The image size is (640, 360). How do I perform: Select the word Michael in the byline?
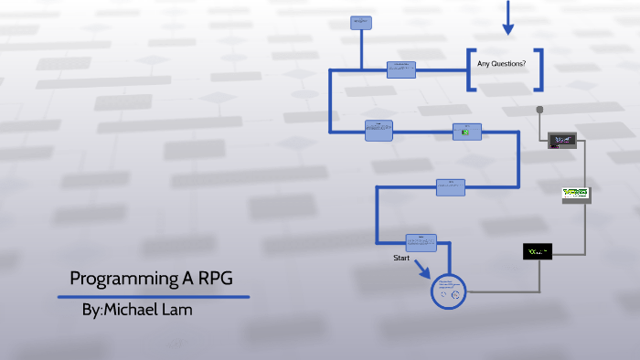coord(129,310)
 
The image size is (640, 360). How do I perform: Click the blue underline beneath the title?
coord(154,296)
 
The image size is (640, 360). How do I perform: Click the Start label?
coord(402,259)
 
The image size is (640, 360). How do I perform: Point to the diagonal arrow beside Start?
coord(422,270)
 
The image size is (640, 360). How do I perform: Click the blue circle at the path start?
coord(448,290)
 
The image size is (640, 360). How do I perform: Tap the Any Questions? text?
coord(501,63)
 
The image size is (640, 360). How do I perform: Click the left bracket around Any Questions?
coord(470,69)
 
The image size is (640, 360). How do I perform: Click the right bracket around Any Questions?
coord(538,69)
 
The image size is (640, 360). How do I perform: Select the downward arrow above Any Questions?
coord(507,18)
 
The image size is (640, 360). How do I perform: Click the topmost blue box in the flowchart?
coord(360,22)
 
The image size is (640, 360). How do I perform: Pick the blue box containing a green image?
coord(466,132)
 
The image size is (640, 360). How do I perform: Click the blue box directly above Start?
coord(421,242)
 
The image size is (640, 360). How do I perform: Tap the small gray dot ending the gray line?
coord(539,110)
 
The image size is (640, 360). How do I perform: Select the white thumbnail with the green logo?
coord(575,194)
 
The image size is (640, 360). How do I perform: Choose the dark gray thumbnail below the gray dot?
coord(561,140)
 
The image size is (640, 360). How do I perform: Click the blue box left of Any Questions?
coord(401,69)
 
